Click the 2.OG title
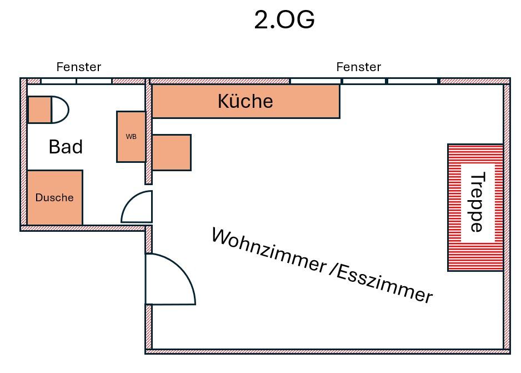coord(284,20)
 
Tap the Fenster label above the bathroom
coord(79,67)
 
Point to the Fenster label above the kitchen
coord(358,67)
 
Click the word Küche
coord(245,101)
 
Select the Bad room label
coord(66,147)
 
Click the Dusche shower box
coord(54,197)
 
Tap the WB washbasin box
coord(131,136)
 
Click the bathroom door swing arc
coord(138,206)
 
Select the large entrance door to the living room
coord(169,279)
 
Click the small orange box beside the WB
coord(171,152)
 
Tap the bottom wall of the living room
coord(328,351)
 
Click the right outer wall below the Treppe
coord(507,311)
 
